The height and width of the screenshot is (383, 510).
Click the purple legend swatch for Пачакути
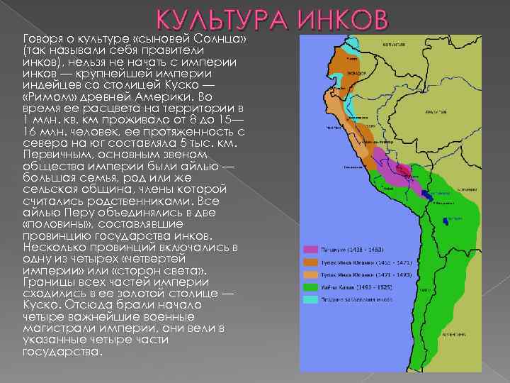tap(310, 250)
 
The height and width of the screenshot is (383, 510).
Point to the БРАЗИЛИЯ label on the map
tap(433, 113)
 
